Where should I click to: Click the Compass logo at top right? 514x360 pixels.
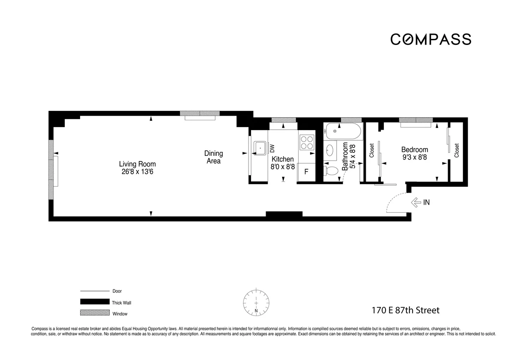430,39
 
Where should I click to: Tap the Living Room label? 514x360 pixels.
137,164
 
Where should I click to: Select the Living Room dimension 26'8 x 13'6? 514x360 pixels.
137,172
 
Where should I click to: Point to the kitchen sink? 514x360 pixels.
260,148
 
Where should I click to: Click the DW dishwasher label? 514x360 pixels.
272,148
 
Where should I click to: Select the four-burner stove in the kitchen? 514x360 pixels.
306,142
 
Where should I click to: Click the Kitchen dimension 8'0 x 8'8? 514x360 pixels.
283,167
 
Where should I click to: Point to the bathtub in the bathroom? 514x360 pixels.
343,129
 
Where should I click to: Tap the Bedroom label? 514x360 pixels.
414,150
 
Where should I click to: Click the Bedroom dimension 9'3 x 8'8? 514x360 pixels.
414,158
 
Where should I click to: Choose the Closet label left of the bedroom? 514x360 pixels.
372,150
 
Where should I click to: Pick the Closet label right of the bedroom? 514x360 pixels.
457,150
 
